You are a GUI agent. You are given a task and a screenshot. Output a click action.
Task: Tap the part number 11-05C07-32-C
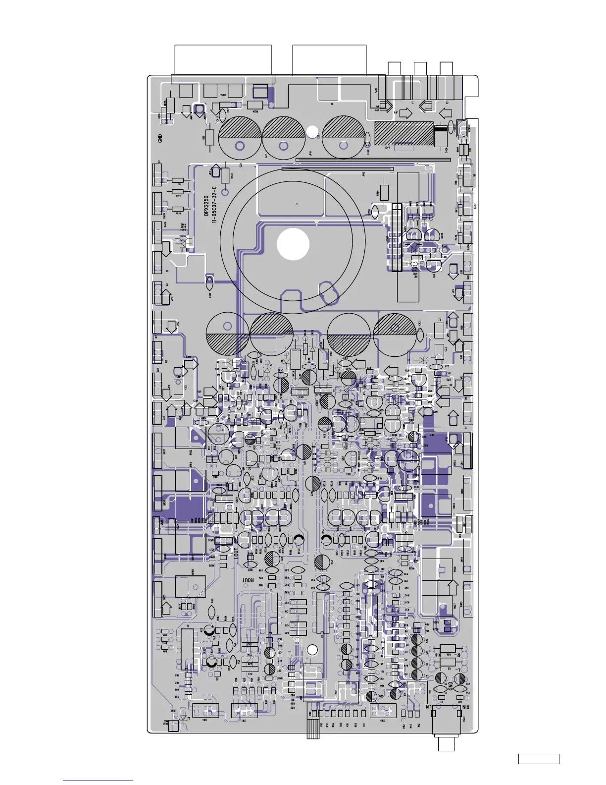click(214, 205)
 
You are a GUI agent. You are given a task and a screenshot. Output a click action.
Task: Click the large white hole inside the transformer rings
click(293, 244)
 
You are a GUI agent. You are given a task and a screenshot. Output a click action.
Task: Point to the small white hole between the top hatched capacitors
click(312, 132)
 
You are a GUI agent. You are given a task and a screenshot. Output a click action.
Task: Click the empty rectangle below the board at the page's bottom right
click(539, 759)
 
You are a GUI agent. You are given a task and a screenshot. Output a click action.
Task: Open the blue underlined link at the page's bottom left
click(98, 781)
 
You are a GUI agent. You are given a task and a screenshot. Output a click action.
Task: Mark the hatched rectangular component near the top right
click(404, 133)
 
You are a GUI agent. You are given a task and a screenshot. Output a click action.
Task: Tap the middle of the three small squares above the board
click(420, 69)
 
